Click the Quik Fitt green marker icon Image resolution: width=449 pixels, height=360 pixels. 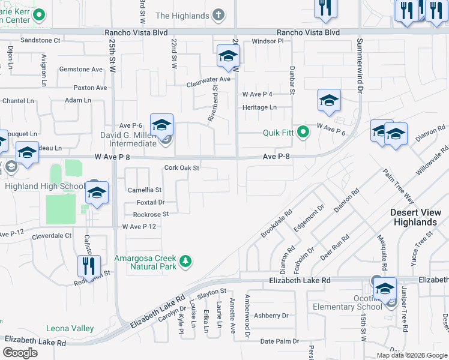[303, 133]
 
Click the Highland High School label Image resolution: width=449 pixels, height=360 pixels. [45, 187]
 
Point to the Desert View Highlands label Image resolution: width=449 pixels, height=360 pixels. [414, 217]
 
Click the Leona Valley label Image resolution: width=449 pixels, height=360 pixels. [70, 328]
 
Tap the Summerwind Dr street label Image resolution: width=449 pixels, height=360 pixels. [360, 65]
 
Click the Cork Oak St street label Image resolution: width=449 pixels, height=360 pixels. [181, 168]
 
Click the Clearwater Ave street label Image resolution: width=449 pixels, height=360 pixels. [208, 79]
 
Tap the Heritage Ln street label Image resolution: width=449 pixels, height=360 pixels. [259, 107]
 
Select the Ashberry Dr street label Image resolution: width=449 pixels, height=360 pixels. [271, 316]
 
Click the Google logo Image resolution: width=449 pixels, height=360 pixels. [20, 352]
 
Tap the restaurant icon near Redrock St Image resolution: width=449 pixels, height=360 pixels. [89, 266]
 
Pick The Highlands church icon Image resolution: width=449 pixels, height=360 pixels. [219, 15]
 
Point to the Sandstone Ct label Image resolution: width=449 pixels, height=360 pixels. [41, 40]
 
